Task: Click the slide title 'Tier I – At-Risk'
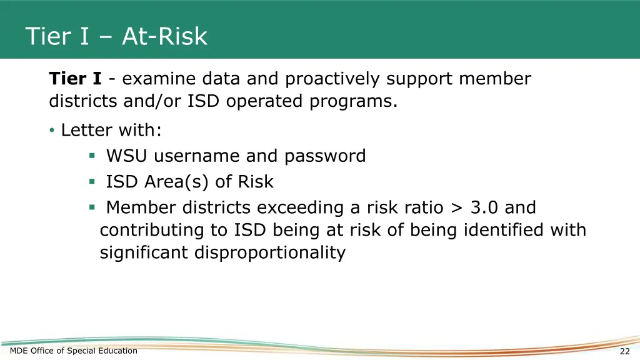(116, 36)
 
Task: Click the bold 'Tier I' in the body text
(76, 79)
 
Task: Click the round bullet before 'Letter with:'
(52, 131)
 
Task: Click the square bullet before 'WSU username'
(92, 156)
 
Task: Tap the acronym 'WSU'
(127, 156)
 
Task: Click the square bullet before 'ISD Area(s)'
(92, 182)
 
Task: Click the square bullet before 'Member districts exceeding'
(92, 207)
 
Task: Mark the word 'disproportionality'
(269, 252)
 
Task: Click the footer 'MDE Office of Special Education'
(74, 351)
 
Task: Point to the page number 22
(624, 351)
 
